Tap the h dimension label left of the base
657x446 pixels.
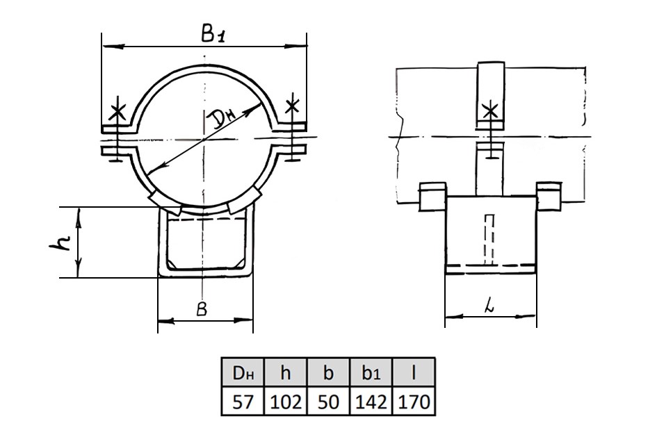click(x=60, y=242)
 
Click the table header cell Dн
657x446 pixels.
click(x=243, y=372)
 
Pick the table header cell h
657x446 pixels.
click(x=286, y=372)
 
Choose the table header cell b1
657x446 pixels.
click(x=371, y=372)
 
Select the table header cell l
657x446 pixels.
click(x=413, y=372)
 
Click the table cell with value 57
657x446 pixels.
click(x=243, y=401)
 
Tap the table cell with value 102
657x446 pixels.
click(x=286, y=401)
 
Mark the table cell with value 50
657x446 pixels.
click(x=328, y=401)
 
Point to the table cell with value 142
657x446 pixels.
click(x=371, y=401)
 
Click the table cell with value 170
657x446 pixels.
click(x=413, y=401)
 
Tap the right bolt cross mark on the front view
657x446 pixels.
click(x=293, y=106)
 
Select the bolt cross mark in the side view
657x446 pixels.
click(x=489, y=112)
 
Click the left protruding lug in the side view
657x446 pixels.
click(x=432, y=195)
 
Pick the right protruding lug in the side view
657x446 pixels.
click(x=549, y=195)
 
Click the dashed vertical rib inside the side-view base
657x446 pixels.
click(x=489, y=240)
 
